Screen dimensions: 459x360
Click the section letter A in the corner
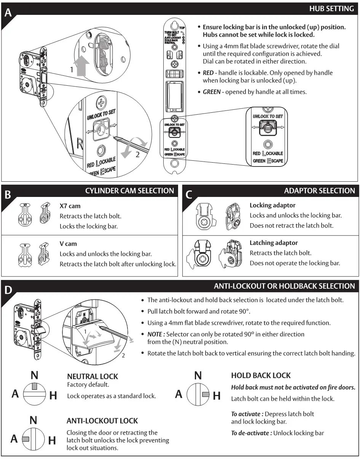click(8, 13)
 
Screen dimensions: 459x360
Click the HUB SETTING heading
click(331, 8)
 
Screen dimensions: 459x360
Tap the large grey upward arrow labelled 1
click(83, 66)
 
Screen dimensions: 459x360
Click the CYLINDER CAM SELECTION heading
click(129, 191)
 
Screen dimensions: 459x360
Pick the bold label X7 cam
click(70, 206)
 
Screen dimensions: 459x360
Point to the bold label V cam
click(68, 244)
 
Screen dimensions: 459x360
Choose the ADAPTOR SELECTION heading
click(319, 191)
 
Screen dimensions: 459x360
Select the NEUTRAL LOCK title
click(92, 376)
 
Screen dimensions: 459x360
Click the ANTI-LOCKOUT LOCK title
click(102, 421)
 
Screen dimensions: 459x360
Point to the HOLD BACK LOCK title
click(261, 376)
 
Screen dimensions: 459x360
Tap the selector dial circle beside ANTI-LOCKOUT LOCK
click(33, 439)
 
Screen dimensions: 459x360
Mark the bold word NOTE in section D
click(155, 334)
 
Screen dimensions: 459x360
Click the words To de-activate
click(251, 433)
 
